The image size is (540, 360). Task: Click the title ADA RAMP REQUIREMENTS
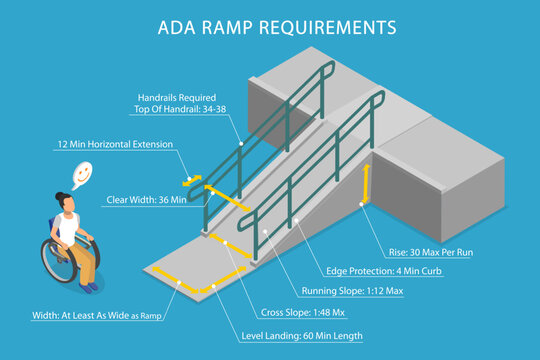[x=270, y=27]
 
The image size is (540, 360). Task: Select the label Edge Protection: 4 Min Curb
[x=385, y=271]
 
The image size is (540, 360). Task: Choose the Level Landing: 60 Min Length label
[x=302, y=336]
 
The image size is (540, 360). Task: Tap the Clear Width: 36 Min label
[x=147, y=200]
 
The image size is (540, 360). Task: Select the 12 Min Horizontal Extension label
[x=114, y=144]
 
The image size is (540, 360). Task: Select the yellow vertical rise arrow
[x=367, y=184]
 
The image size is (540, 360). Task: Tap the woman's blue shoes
[x=91, y=287]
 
